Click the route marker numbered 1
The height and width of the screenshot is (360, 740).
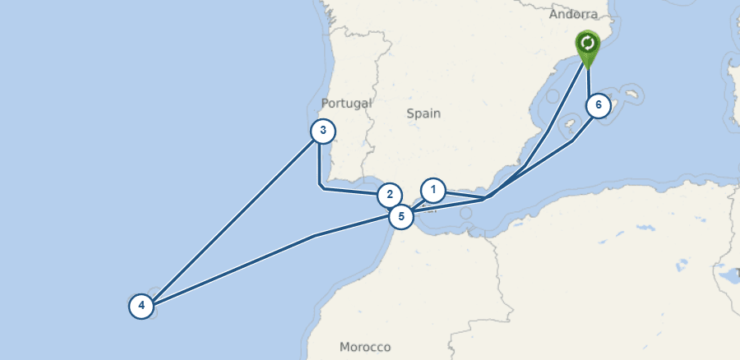432,191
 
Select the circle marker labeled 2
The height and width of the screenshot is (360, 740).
390,196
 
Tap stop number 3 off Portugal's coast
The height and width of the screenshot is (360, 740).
323,131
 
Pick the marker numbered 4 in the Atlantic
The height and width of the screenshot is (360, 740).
141,307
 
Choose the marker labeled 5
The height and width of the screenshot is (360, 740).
400,217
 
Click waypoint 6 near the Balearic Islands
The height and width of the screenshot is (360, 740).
599,106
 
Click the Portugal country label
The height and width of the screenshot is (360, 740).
346,104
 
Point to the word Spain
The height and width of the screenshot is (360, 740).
423,113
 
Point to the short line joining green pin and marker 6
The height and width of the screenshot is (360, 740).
589,78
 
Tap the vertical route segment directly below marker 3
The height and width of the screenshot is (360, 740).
319,164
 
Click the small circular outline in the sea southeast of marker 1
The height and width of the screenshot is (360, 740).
466,214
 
